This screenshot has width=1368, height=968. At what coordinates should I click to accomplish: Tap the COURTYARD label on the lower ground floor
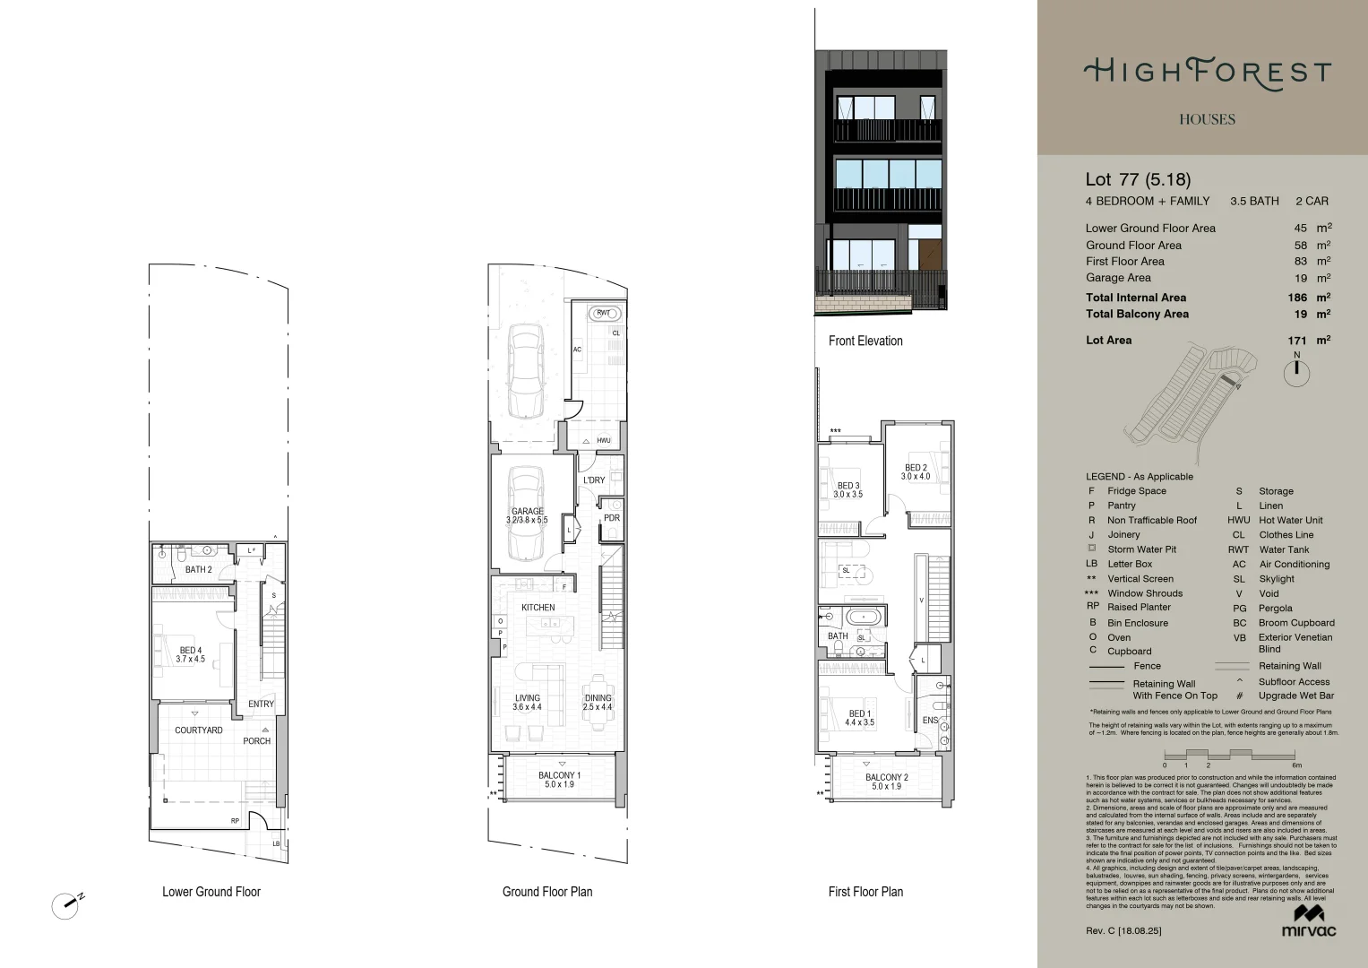(199, 730)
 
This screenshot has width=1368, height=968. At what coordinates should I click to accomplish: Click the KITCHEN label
(538, 608)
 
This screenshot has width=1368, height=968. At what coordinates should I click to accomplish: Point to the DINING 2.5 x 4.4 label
(598, 703)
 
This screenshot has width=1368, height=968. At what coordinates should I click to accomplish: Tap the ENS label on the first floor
(930, 721)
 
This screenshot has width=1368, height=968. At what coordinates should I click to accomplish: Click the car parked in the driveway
(525, 370)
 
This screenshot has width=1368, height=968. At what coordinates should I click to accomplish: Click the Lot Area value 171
(1296, 341)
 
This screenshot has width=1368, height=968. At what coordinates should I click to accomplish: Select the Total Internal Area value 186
(1296, 298)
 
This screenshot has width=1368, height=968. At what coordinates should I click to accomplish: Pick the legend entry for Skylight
(1276, 579)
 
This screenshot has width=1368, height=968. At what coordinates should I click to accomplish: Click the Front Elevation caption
(865, 341)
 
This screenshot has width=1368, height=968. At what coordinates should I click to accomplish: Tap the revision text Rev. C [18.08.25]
(1123, 931)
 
